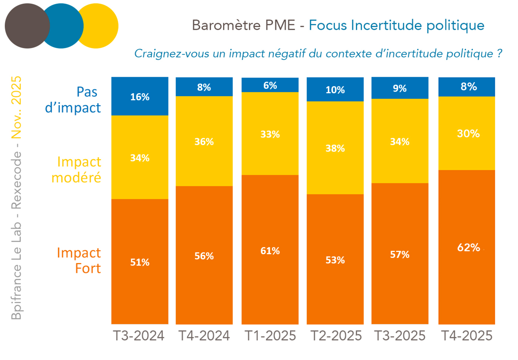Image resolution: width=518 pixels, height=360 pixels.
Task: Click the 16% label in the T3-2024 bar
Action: click(140, 97)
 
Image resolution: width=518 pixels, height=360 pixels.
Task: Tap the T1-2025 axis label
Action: click(270, 336)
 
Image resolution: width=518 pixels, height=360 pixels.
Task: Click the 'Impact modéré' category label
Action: click(77, 170)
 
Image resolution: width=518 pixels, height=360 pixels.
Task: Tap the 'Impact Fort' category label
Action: click(79, 260)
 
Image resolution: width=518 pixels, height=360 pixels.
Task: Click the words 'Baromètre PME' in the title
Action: click(243, 25)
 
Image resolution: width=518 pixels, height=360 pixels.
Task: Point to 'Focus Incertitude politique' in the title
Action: click(397, 25)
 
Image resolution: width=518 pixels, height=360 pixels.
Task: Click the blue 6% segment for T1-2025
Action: click(270, 85)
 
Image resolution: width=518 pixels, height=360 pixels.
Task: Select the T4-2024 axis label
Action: click(204, 336)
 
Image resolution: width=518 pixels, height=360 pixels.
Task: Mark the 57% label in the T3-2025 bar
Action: click(399, 255)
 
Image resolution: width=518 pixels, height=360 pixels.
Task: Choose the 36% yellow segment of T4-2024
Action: click(204, 142)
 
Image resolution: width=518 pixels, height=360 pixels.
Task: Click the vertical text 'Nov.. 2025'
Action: click(16, 108)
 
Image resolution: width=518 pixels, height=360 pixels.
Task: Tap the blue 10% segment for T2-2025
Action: click(335, 90)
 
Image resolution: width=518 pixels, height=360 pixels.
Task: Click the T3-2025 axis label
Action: click(400, 336)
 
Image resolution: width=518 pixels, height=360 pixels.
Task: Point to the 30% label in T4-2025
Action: click(468, 133)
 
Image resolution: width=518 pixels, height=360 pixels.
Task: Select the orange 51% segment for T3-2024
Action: click(140, 262)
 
